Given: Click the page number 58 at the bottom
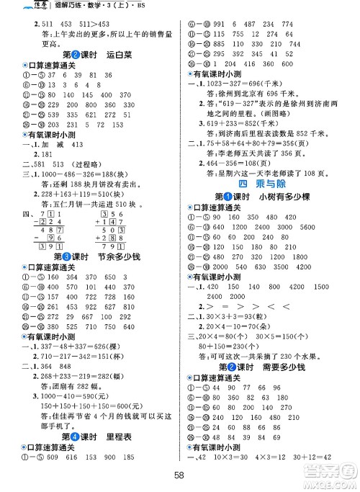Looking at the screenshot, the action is coord(180,478).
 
